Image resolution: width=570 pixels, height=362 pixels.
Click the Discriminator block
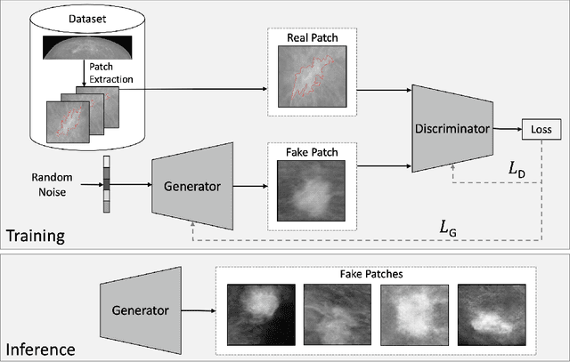click(452, 129)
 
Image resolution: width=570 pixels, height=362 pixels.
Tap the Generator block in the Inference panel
click(141, 312)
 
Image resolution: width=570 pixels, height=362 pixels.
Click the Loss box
click(541, 130)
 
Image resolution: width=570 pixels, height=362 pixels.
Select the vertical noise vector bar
click(107, 188)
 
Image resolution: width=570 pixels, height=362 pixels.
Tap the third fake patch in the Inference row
click(413, 314)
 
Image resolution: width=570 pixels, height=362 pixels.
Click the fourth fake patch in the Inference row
click(490, 314)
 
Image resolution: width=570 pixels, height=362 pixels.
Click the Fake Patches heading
click(376, 275)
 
